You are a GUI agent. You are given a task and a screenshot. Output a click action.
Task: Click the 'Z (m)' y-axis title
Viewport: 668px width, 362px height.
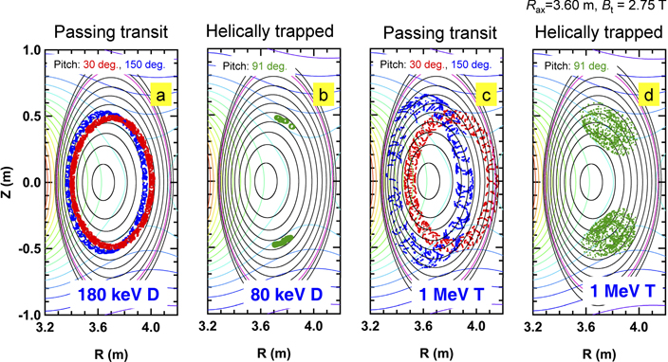[9, 181]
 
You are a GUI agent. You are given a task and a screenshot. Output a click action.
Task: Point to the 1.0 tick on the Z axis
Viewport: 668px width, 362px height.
[28, 49]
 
